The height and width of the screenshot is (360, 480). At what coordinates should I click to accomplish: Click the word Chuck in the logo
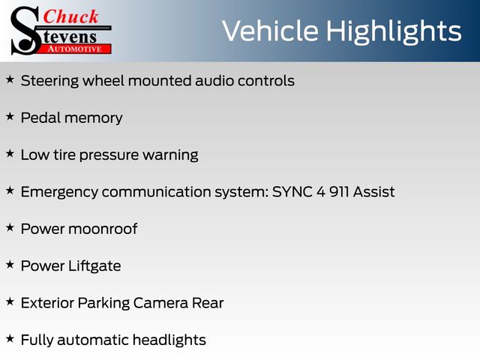(70, 16)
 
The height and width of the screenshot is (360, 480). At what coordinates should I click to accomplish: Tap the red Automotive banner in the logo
(75, 49)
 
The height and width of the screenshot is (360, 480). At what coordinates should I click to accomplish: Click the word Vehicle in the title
(270, 31)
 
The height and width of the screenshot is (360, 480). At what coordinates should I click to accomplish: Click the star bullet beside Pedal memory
(10, 117)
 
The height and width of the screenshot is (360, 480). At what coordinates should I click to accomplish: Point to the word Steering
(50, 82)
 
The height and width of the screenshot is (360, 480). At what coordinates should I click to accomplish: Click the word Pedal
(40, 118)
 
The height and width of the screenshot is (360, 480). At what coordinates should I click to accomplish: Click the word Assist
(373, 192)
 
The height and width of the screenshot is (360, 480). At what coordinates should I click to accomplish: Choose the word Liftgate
(94, 266)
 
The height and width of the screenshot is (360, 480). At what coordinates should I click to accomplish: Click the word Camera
(160, 303)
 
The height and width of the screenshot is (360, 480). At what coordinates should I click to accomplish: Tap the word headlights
(169, 340)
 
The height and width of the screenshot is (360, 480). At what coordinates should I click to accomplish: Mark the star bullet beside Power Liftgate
(10, 265)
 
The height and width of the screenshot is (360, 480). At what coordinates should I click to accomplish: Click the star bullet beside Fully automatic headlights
(10, 339)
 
